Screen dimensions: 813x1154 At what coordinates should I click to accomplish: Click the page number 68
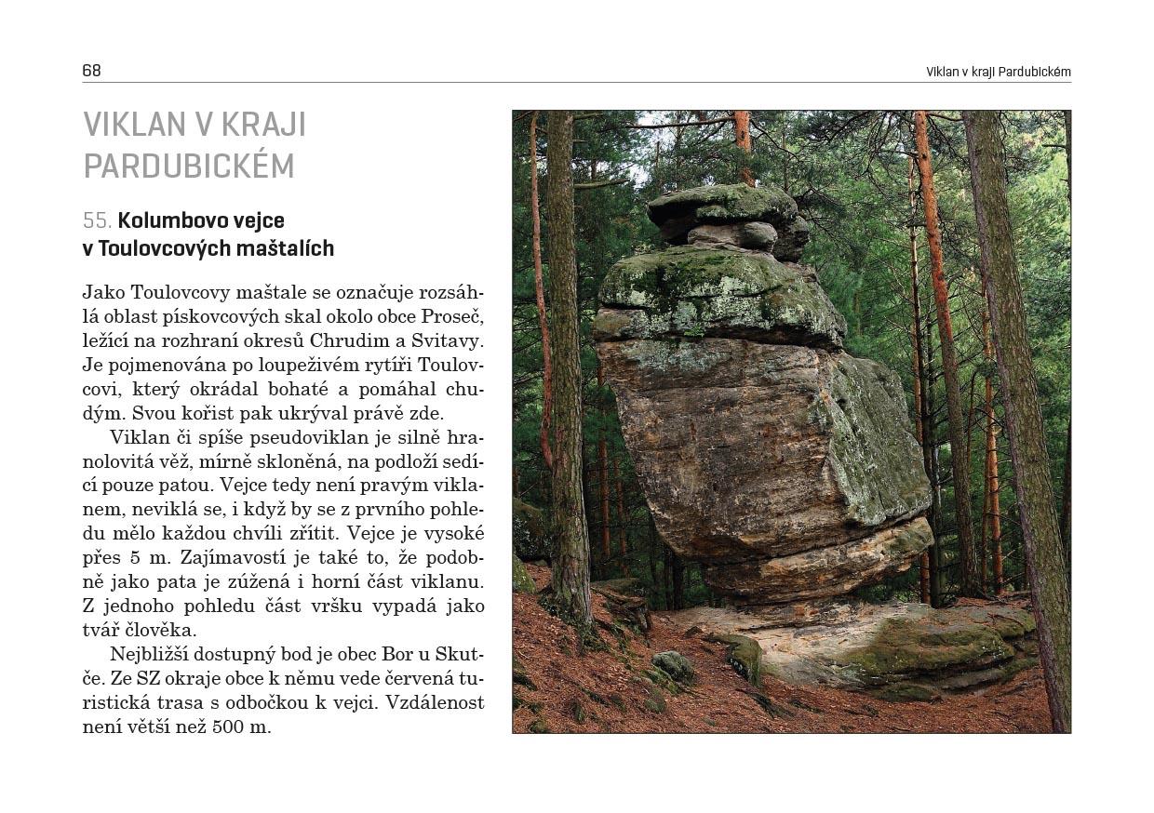pyautogui.click(x=91, y=71)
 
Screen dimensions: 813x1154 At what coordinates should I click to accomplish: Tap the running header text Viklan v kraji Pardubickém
pyautogui.click(x=998, y=72)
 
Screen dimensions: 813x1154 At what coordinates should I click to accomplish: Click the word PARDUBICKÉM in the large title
pyautogui.click(x=189, y=166)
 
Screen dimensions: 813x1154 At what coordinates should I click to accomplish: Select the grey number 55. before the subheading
pyautogui.click(x=97, y=221)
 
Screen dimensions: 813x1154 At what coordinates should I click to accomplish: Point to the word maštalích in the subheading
pyautogui.click(x=285, y=249)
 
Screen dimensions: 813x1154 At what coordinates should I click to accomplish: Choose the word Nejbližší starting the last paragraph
pyautogui.click(x=154, y=655)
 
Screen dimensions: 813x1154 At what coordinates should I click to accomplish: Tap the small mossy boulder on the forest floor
pyautogui.click(x=672, y=665)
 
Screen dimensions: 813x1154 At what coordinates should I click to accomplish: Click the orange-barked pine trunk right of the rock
pyautogui.click(x=940, y=326)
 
